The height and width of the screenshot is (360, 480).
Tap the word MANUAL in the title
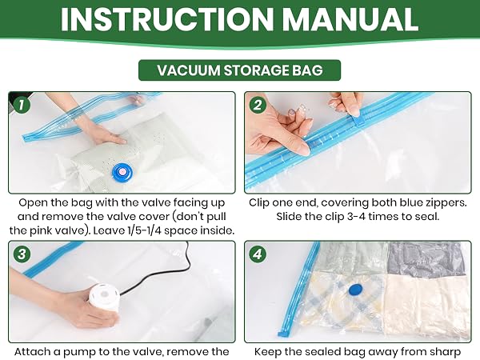[350, 19]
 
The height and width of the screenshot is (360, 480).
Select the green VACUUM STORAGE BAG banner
[239, 70]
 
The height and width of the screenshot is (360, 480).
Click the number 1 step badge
[21, 105]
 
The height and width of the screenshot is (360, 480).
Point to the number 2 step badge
[258, 105]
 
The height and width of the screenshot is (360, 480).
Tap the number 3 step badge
[22, 254]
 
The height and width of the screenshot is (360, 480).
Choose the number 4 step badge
[258, 254]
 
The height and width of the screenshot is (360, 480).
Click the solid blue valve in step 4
[356, 290]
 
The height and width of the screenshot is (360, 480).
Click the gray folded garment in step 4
[429, 259]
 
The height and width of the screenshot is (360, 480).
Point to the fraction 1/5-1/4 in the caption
[145, 230]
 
